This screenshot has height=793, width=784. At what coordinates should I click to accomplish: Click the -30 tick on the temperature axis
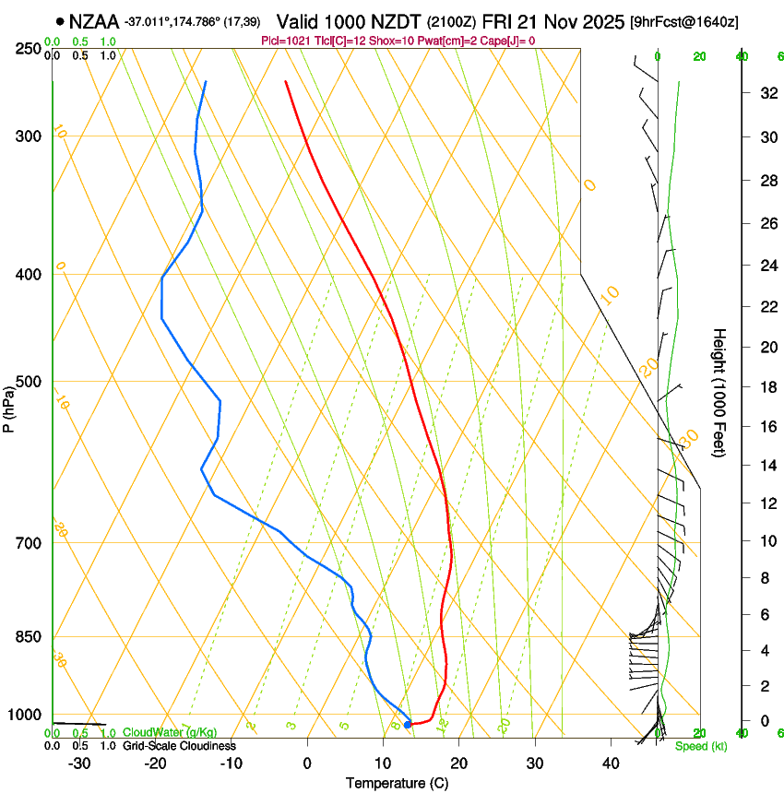click(x=79, y=763)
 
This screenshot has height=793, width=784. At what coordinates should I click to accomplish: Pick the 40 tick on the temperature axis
click(x=611, y=763)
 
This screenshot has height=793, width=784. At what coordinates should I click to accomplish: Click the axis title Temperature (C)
click(x=397, y=783)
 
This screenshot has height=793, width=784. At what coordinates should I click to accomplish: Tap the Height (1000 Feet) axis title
click(x=719, y=392)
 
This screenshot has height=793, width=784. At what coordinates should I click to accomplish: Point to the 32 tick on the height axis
click(x=766, y=93)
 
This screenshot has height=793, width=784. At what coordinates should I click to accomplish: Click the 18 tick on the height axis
click(x=766, y=387)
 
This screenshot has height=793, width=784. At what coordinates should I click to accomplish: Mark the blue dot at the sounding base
click(x=408, y=725)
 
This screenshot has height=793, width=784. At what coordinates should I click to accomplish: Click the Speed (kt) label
click(x=700, y=746)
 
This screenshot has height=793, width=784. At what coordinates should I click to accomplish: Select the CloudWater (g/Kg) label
click(x=170, y=733)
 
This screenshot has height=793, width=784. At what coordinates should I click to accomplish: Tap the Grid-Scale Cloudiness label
click(x=179, y=746)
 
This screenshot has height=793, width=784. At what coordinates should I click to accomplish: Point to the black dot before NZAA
click(x=60, y=20)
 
